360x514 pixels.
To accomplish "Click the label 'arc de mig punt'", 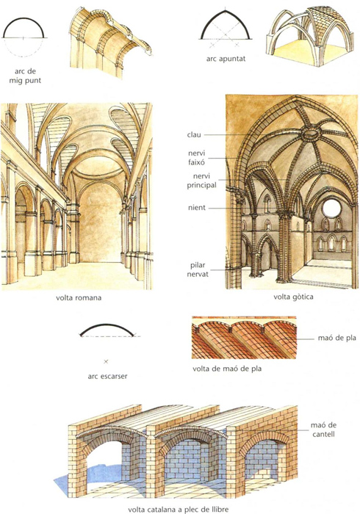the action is click(x=25, y=76).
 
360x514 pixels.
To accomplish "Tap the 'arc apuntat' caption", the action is click(x=226, y=59).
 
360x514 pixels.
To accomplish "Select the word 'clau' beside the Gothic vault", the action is click(x=194, y=134).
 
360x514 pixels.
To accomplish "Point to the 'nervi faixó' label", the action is click(x=197, y=157).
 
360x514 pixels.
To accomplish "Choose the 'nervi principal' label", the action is click(x=201, y=181).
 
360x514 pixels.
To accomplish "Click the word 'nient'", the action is click(x=197, y=208).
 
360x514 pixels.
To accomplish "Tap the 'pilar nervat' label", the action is click(x=198, y=269).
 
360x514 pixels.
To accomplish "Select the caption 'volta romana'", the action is click(x=79, y=298).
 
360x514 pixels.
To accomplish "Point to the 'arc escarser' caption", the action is click(x=107, y=376).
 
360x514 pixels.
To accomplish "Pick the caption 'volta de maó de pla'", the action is click(x=227, y=369).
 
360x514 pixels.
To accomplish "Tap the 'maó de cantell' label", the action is click(x=323, y=430).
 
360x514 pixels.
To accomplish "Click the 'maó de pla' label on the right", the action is click(x=336, y=338).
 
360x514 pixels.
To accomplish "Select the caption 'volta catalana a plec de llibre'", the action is click(x=178, y=510).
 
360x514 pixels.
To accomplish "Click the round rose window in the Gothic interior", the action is click(x=331, y=208).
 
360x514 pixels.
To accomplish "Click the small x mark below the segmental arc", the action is click(x=106, y=361).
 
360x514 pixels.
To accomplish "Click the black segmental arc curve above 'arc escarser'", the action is click(x=107, y=325).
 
